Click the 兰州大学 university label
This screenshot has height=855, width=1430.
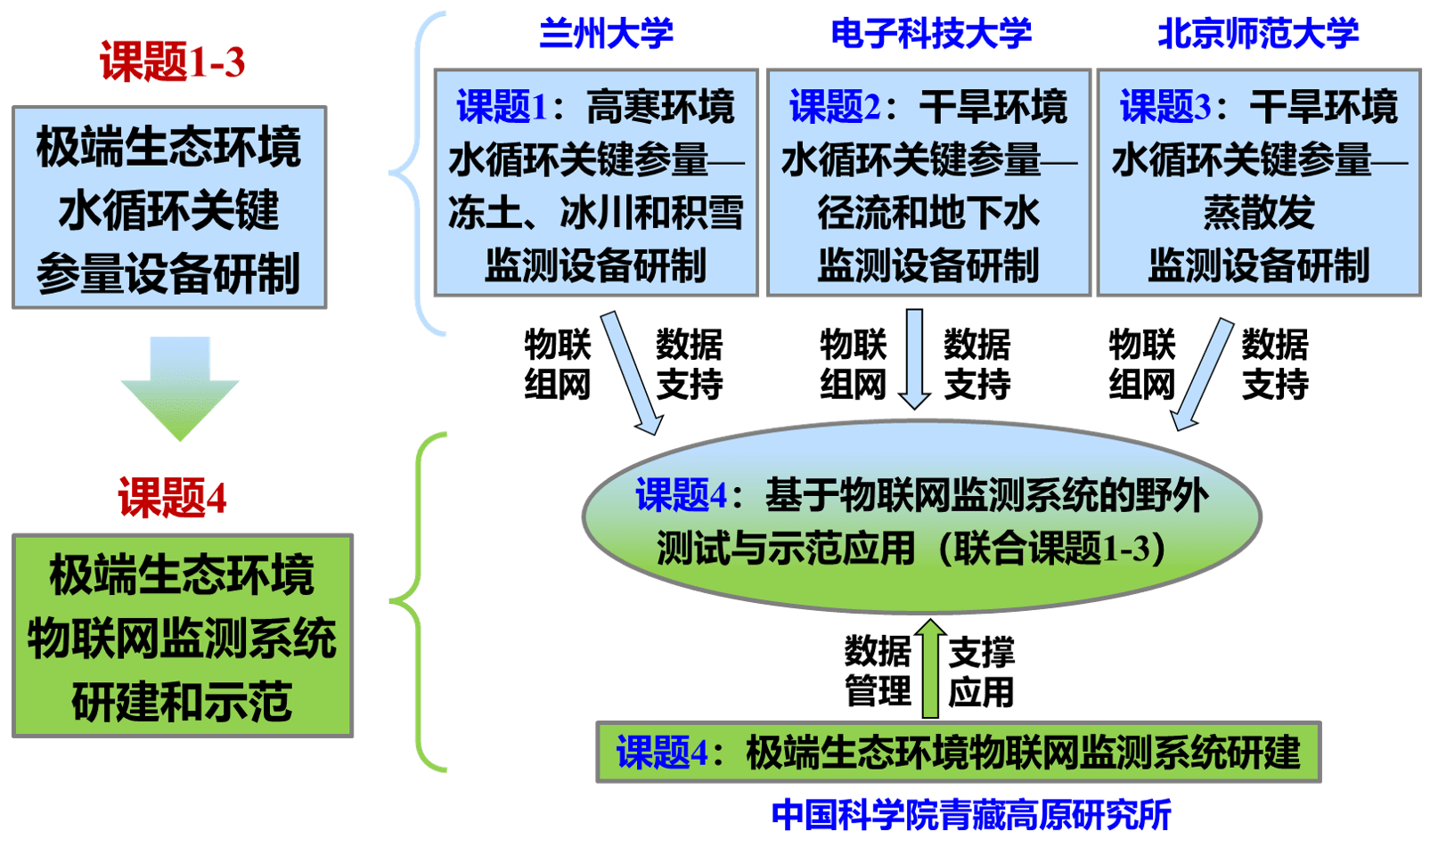point(606,34)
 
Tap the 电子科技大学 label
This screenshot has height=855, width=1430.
point(931,34)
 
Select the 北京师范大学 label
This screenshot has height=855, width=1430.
point(1258,34)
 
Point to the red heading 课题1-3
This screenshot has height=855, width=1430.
point(172,62)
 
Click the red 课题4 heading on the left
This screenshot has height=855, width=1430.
point(172,498)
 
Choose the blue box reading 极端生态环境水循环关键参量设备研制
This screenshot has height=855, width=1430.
point(169,208)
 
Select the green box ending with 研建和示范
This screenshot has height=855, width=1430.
point(183,636)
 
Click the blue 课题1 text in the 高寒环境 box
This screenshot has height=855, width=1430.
point(502,108)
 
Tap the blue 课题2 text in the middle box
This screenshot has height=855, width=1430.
point(834,108)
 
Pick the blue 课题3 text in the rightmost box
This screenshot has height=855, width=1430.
point(1164,108)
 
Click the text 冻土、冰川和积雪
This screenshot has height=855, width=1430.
point(595,214)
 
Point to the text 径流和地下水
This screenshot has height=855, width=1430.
point(928,214)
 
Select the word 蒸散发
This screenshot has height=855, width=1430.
point(1258,214)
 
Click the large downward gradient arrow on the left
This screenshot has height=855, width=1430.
point(180,388)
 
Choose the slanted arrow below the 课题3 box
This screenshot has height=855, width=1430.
point(1202,374)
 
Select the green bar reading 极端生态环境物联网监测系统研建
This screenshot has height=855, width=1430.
point(958,753)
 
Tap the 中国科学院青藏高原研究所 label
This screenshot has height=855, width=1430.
point(971,815)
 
